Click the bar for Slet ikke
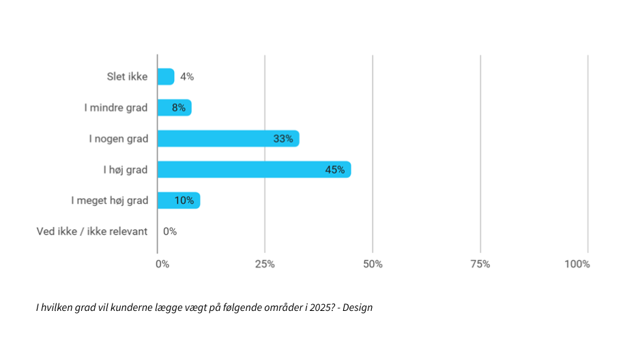click(166, 76)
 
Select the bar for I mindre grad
click(174, 108)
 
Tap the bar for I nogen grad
click(228, 138)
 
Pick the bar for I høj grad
click(254, 170)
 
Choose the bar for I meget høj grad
click(178, 200)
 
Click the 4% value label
click(187, 76)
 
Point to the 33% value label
click(283, 138)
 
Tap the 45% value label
click(334, 170)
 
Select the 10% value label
click(184, 200)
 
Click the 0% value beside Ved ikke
click(170, 231)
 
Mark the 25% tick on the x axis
click(265, 264)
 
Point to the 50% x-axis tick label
click(373, 264)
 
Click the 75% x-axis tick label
click(480, 264)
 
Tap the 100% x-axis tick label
click(577, 264)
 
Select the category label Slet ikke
click(127, 76)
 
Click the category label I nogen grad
click(118, 138)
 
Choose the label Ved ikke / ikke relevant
click(92, 231)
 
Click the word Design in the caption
click(358, 307)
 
